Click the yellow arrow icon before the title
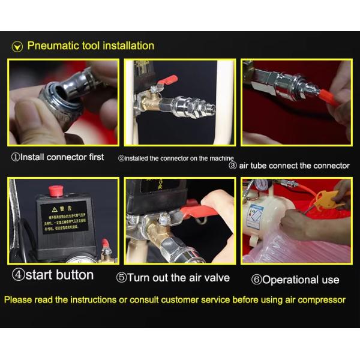(x=17, y=47)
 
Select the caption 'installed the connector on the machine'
(x=176, y=158)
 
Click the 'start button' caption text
(x=53, y=275)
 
